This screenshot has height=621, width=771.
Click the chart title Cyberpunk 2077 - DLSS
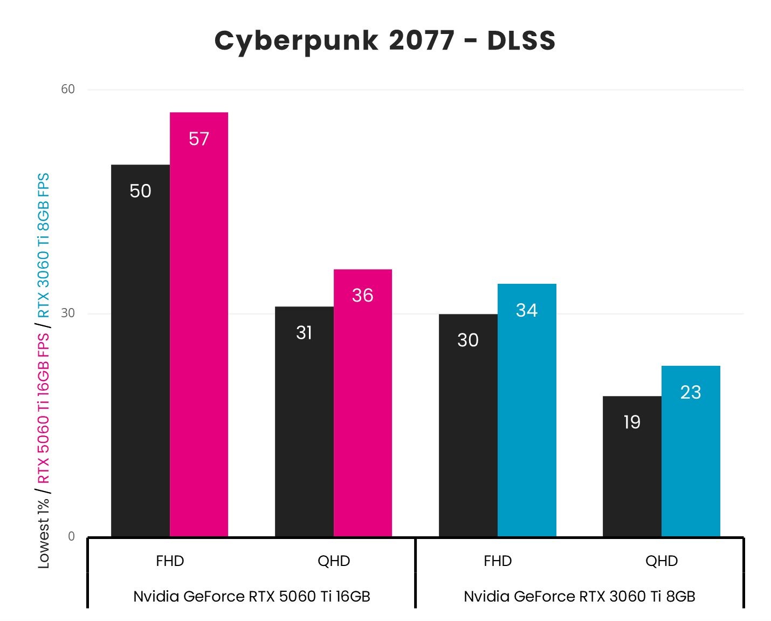[385, 41]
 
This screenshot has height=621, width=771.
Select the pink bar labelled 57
[199, 324]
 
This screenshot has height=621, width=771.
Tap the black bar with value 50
[140, 351]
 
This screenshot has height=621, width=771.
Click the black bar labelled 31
[304, 421]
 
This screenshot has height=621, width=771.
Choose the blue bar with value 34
[527, 410]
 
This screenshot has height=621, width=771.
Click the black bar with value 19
[632, 466]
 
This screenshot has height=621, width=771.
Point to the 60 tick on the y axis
[68, 89]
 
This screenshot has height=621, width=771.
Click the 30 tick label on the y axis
[68, 313]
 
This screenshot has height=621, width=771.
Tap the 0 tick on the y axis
[71, 536]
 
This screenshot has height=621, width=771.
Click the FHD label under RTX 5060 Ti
[170, 561]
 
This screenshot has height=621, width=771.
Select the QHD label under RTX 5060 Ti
[334, 561]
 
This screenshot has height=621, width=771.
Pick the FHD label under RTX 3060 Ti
[498, 561]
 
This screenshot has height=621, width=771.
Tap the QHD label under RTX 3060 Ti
[662, 561]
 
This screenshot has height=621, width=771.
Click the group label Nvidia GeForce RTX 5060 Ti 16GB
[252, 596]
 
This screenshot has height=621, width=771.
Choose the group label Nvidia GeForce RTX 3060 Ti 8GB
[580, 596]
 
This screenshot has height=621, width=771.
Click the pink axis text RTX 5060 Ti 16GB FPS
[44, 408]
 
